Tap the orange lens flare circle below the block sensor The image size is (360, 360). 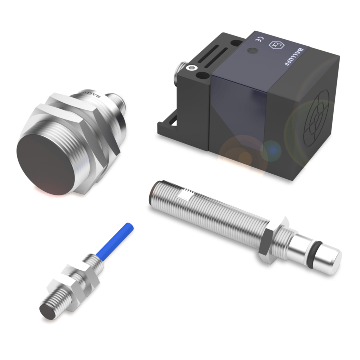[x=239, y=155]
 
